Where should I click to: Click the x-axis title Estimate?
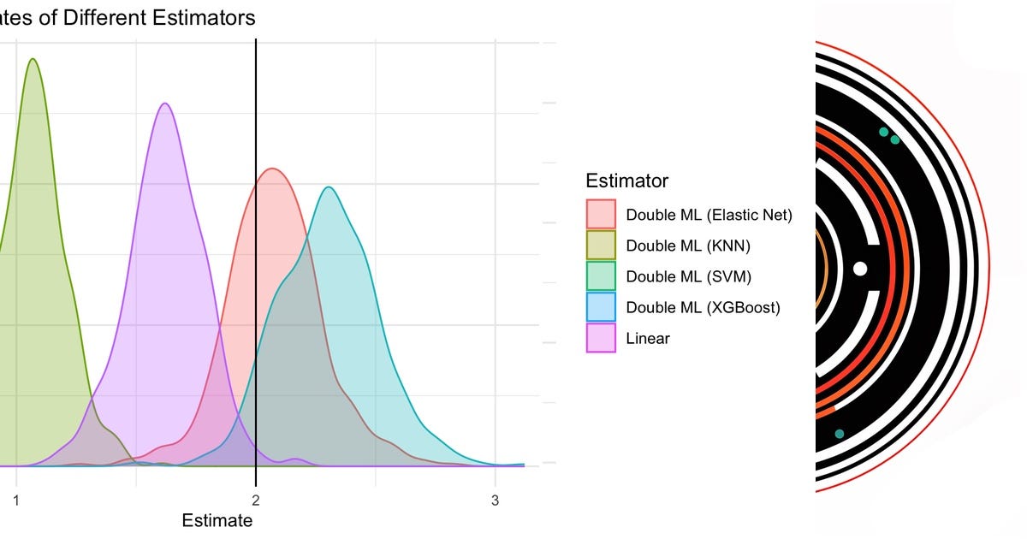click(x=217, y=520)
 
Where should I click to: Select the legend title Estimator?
click(x=627, y=181)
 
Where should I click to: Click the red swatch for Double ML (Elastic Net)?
click(x=601, y=215)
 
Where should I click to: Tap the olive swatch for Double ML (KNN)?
click(x=601, y=246)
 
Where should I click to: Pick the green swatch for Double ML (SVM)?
click(x=601, y=276)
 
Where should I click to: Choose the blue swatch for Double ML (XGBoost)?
click(x=601, y=307)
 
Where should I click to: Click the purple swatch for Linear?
click(x=601, y=338)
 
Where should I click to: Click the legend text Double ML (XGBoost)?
click(x=703, y=307)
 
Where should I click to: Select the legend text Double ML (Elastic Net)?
click(x=709, y=215)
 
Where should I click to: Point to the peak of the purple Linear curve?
click(x=165, y=104)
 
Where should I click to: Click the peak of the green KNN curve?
click(x=33, y=59)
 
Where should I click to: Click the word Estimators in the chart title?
click(x=210, y=16)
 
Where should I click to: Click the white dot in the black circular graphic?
click(x=860, y=269)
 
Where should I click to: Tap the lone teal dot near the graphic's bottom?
click(x=840, y=434)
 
